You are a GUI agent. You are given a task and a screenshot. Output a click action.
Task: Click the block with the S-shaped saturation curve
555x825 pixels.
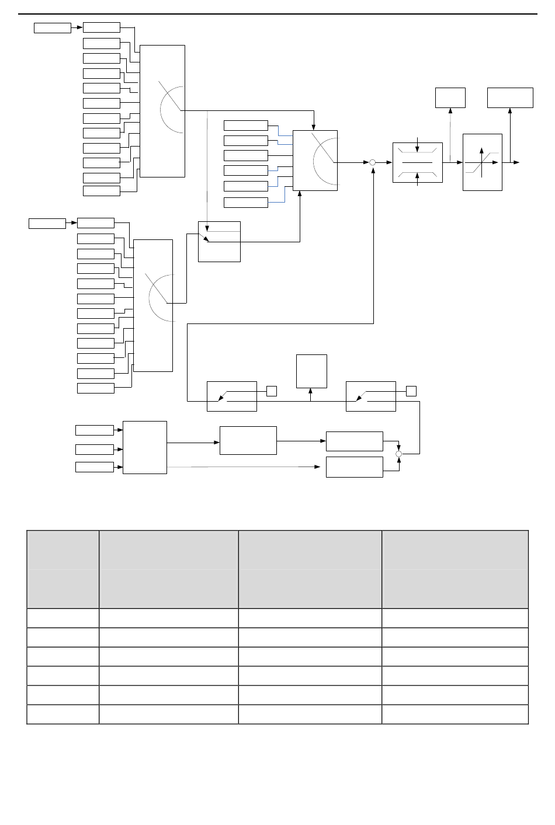tap(482, 162)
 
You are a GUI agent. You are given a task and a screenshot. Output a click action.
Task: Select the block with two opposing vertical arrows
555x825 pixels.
tap(417, 162)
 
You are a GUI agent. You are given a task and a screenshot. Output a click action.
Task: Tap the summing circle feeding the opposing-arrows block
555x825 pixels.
tap(372, 162)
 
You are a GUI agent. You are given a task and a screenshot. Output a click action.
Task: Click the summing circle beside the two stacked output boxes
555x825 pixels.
tap(399, 454)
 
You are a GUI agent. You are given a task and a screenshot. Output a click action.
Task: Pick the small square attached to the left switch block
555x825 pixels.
tap(271, 391)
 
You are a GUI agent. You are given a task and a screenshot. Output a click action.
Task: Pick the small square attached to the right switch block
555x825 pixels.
tap(411, 391)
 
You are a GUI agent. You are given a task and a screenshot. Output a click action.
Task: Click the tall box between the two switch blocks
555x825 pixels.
tap(311, 371)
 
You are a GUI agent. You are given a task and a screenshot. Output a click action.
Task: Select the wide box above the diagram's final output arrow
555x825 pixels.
tap(510, 98)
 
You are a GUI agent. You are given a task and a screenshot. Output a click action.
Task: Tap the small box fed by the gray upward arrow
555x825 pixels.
tap(450, 98)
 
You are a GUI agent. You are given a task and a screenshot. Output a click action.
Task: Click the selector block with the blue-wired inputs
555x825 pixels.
tap(315, 161)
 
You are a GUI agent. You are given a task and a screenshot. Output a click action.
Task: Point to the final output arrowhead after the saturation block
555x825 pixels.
tap(516, 162)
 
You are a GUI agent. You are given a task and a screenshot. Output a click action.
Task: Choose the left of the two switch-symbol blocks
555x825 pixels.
tap(231, 396)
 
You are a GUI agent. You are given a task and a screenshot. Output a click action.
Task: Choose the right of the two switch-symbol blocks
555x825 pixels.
tap(370, 396)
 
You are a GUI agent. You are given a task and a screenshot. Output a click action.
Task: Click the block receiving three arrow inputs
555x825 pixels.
tap(144, 447)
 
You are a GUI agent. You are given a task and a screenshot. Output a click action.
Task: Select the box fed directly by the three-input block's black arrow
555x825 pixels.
tap(248, 440)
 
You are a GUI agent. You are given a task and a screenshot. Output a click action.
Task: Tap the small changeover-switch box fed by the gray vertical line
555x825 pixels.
tap(219, 242)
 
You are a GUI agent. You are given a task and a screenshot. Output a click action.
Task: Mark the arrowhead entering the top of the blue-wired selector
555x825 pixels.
tap(314, 127)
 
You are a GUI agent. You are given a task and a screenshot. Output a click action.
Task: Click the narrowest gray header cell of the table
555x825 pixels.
tap(63, 569)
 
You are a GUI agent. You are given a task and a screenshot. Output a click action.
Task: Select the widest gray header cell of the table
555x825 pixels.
tap(455, 569)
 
